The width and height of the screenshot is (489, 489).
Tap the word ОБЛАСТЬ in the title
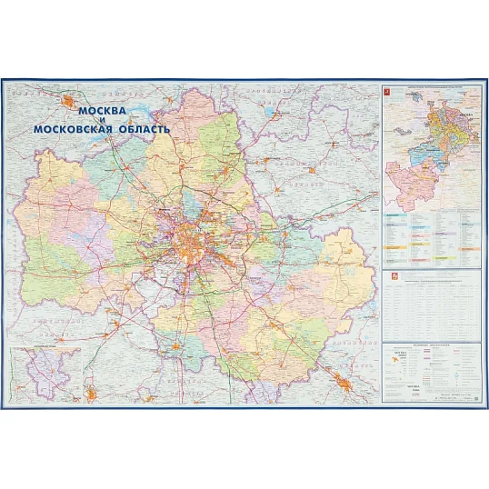pos(142,130)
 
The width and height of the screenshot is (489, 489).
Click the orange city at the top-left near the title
pos(69,101)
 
